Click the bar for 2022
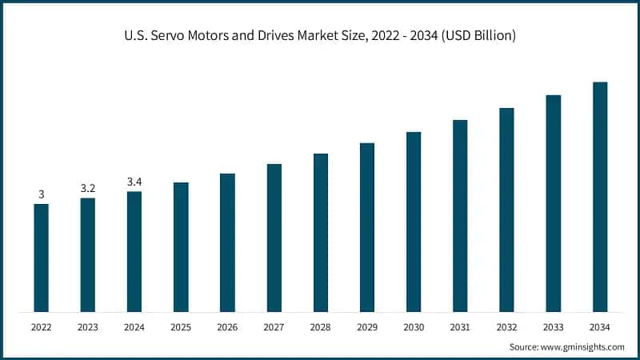pyautogui.click(x=41, y=258)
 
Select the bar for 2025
pyautogui.click(x=181, y=246)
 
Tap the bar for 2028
pyautogui.click(x=321, y=232)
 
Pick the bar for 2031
pyautogui.click(x=460, y=215)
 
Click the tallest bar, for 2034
pyautogui.click(x=600, y=196)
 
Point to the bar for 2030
pyautogui.click(x=414, y=222)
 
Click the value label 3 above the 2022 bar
pyautogui.click(x=41, y=194)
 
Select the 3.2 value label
pyautogui.click(x=88, y=188)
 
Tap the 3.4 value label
pyautogui.click(x=134, y=182)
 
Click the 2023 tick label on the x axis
pyautogui.click(x=88, y=327)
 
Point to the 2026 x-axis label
pyautogui.click(x=227, y=327)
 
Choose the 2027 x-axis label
pyautogui.click(x=274, y=327)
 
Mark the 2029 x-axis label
pyautogui.click(x=367, y=327)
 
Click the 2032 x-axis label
pyautogui.click(x=507, y=327)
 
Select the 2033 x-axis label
pyautogui.click(x=554, y=327)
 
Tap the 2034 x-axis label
pyautogui.click(x=600, y=327)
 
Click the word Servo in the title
pyautogui.click(x=194, y=36)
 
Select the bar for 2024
pyautogui.click(x=134, y=251)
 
